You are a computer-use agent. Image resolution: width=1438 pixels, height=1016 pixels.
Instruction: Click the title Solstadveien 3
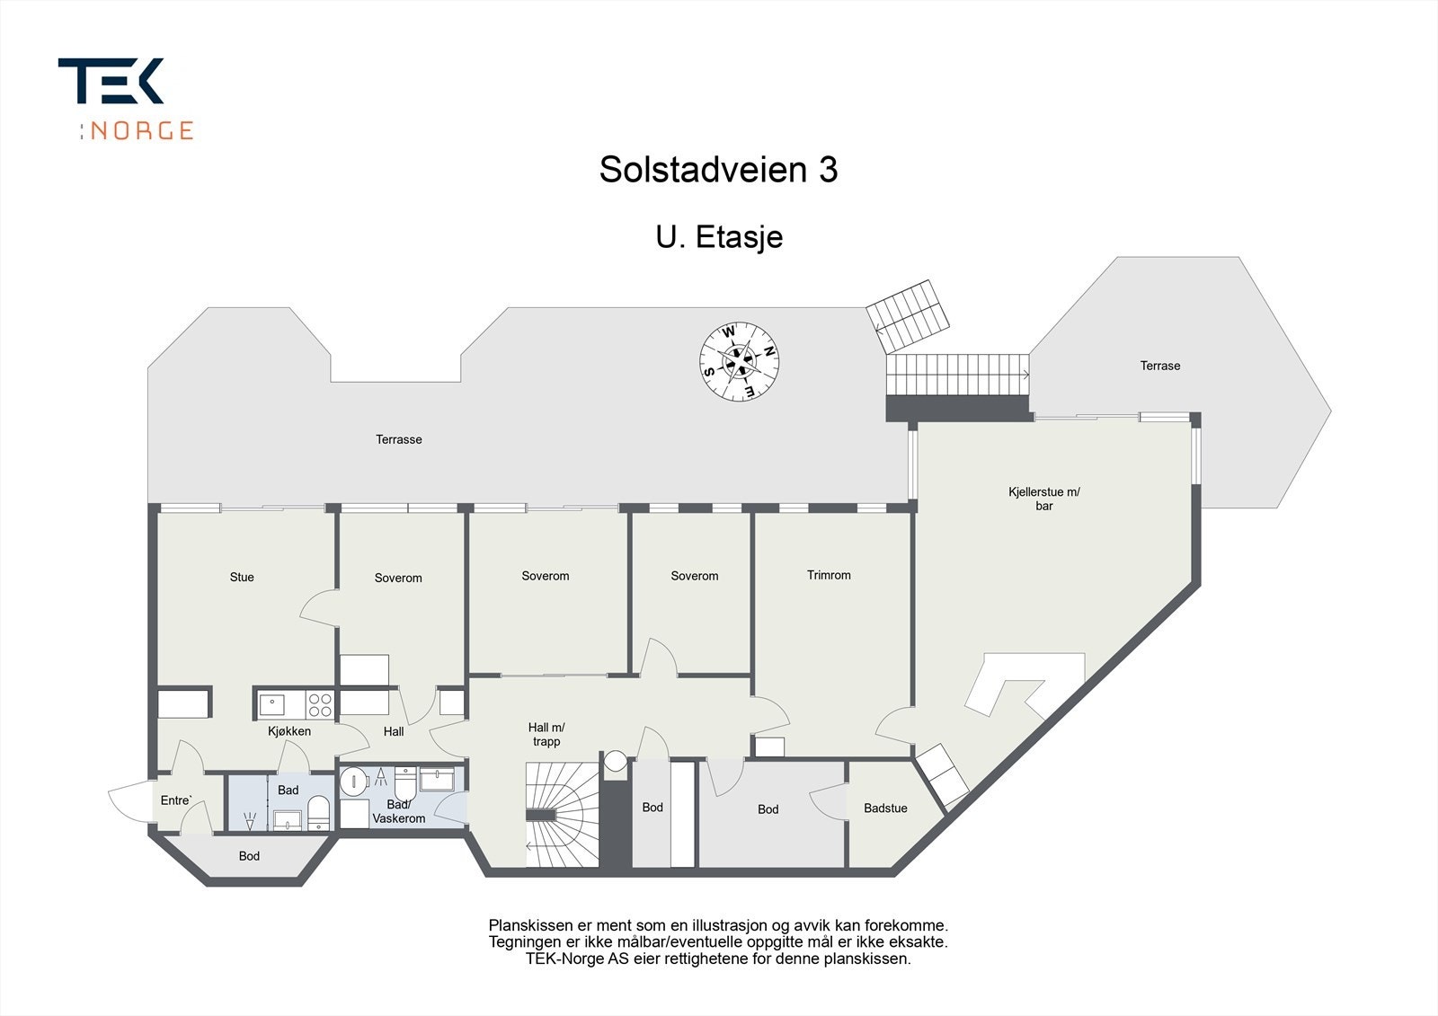718,170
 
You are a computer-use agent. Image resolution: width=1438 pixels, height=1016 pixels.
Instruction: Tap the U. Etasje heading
718,237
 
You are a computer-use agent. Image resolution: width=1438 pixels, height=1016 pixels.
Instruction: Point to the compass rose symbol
739,361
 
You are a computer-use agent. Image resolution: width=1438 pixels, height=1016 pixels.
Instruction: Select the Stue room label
242,578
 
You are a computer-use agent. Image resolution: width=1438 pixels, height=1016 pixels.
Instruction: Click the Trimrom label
828,576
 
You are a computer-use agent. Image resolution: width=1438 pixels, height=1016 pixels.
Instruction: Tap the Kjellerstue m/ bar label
1043,499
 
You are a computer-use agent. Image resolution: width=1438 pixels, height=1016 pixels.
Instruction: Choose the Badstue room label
885,808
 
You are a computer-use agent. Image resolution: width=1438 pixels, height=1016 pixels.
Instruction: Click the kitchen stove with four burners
318,703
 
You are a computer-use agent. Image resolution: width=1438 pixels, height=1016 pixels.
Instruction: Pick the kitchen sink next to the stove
272,703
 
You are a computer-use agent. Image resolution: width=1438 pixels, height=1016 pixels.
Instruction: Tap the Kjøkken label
289,731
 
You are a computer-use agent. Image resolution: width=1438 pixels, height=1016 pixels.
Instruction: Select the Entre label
176,800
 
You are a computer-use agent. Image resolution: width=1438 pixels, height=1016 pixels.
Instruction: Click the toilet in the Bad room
318,812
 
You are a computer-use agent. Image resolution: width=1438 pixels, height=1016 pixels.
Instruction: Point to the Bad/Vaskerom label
398,811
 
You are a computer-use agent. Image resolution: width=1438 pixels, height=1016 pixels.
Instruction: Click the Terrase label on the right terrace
1159,366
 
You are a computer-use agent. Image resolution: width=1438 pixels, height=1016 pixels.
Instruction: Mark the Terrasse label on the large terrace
398,439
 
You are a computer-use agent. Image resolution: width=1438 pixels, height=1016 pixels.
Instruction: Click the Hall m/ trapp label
546,735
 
